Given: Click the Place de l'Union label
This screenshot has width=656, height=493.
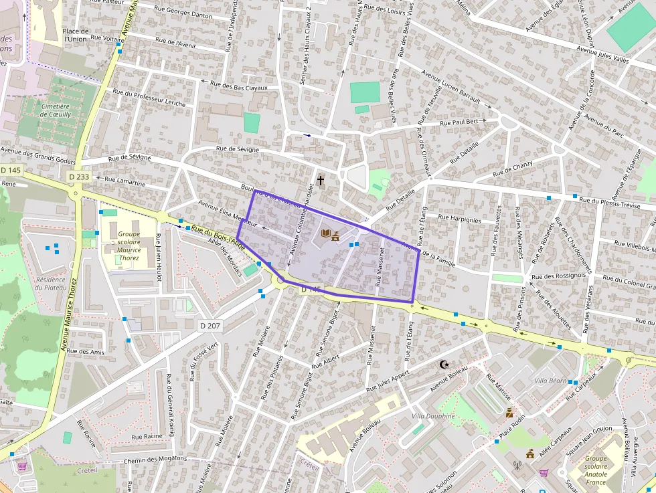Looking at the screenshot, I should pos(76,35).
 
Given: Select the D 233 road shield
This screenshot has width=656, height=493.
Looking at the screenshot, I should pos(79,177).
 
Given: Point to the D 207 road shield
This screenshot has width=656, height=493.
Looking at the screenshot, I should pos(210,326).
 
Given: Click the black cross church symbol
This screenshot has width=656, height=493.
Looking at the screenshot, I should pos(320,181).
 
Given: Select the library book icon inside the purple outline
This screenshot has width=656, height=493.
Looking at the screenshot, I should pos(326,233).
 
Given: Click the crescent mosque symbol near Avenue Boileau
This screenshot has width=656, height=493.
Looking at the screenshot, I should pos(442,365).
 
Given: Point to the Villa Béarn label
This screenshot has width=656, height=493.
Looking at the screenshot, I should pos(550,381).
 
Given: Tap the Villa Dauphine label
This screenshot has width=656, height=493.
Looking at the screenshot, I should pos(433,416).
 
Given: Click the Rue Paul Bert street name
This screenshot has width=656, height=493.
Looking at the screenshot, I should pos(459,122).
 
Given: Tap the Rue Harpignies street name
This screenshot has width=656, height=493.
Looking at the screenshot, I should pos(459,219).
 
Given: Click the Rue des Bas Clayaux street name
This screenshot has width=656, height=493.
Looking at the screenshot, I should pos(239,86).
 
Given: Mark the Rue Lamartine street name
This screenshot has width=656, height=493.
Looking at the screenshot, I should pos(125,181).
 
